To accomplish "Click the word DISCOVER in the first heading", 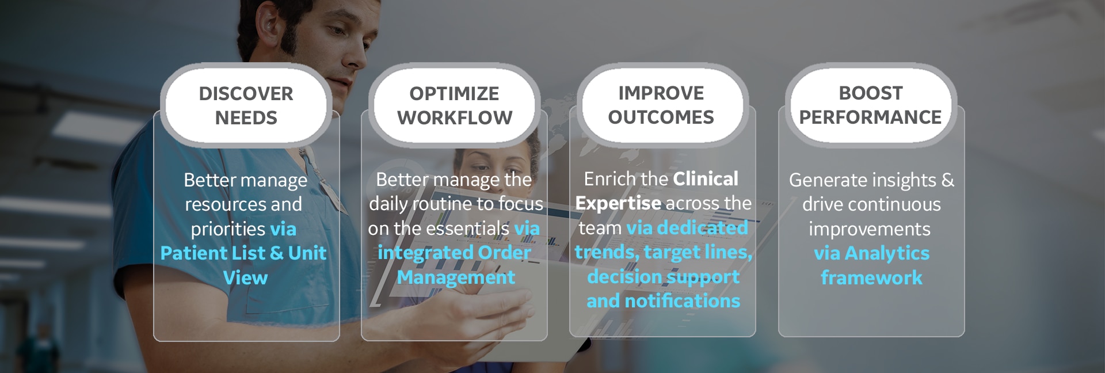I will (x=246, y=93).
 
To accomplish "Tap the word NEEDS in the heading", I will (x=246, y=118).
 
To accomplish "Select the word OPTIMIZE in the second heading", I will (x=454, y=93).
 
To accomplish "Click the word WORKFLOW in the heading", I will (x=454, y=118).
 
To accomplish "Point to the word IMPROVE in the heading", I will (x=661, y=93).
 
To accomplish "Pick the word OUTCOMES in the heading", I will (x=661, y=117).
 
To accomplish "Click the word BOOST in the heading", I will (x=870, y=93).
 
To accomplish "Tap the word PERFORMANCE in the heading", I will (x=870, y=117).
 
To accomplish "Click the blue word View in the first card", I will (x=245, y=278).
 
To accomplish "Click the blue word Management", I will (x=456, y=277).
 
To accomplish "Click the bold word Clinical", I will (x=705, y=179).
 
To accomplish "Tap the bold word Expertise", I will (x=618, y=203).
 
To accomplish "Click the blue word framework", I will (x=871, y=278).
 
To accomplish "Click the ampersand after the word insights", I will (x=947, y=180).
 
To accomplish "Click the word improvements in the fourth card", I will (x=869, y=229).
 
